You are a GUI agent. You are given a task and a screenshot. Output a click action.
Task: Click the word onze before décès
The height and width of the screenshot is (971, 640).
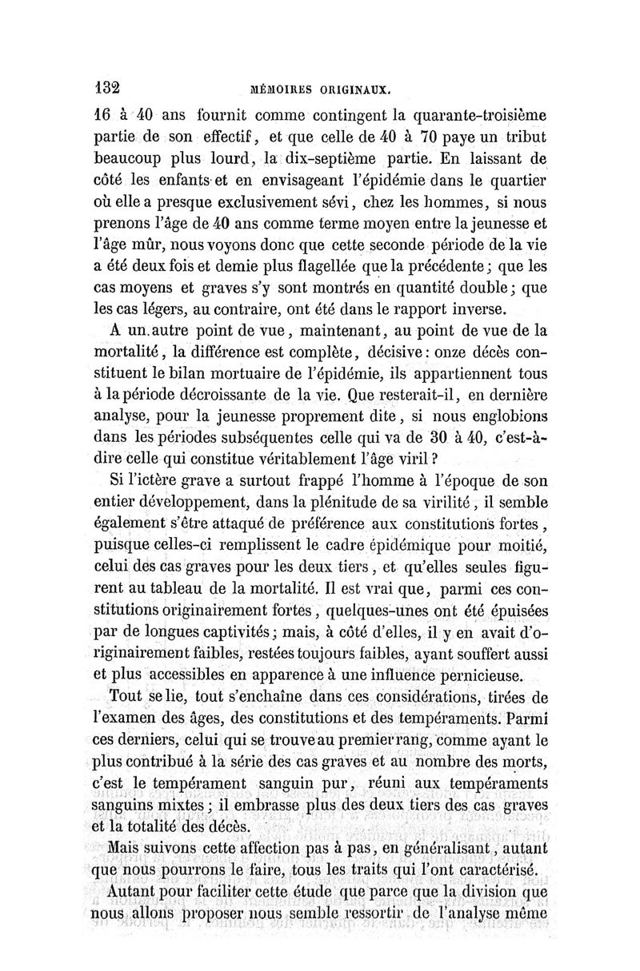click(x=459, y=352)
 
